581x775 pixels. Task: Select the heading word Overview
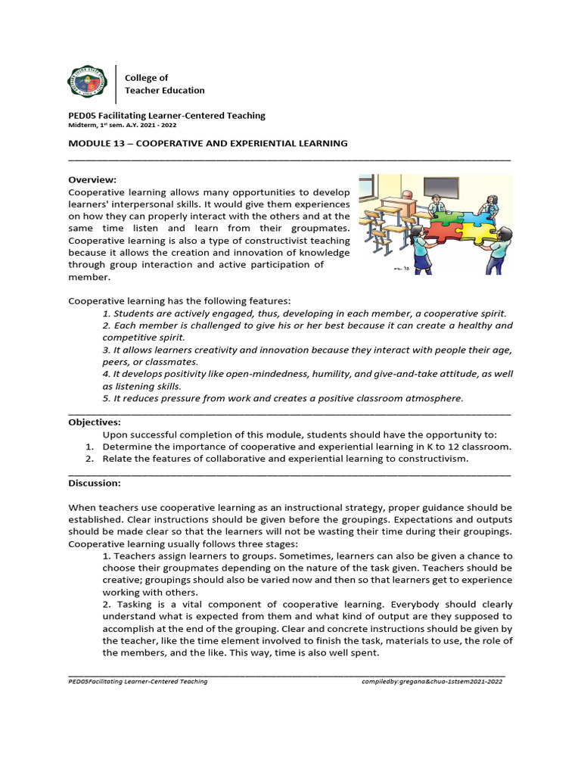pos(92,180)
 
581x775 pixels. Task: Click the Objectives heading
pos(95,422)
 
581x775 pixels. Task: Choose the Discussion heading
pos(95,483)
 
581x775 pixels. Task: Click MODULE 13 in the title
pos(101,143)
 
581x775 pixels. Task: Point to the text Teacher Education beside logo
pos(164,90)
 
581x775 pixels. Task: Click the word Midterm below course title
pos(82,126)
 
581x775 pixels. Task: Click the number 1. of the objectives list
pos(89,447)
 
